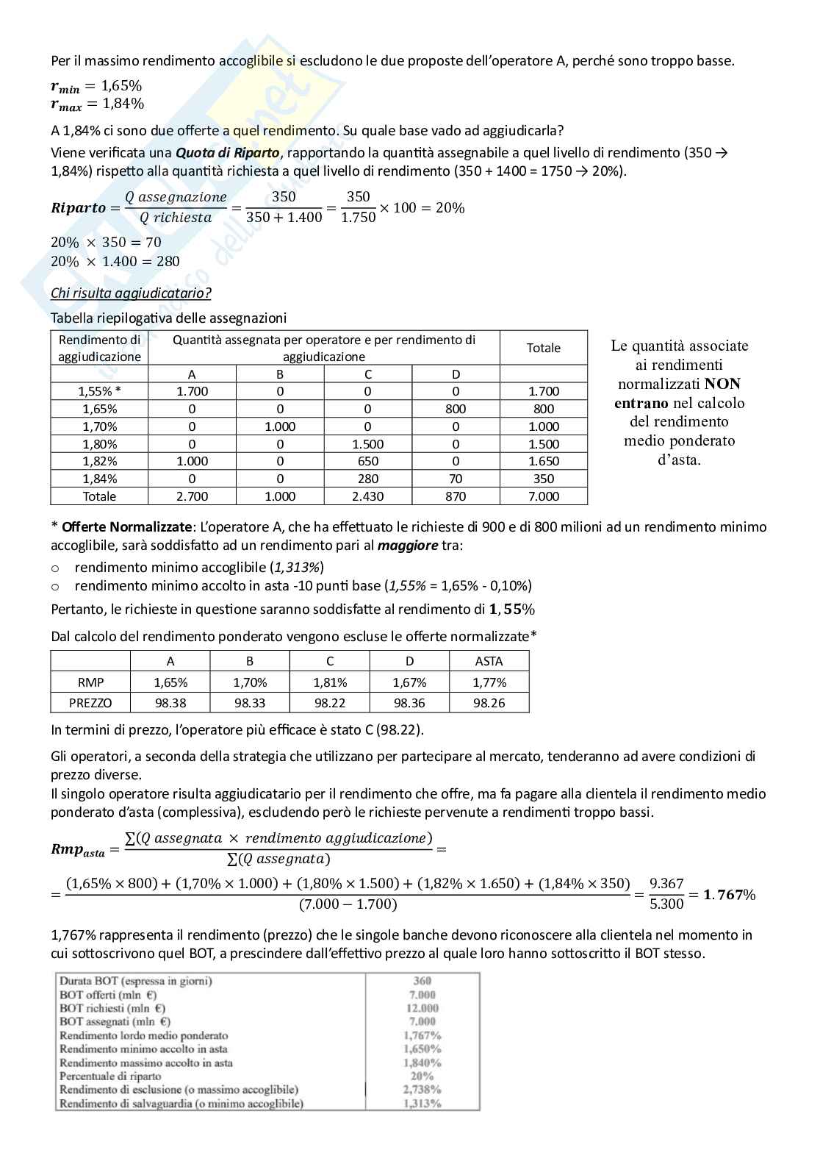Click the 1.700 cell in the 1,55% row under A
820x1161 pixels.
(x=192, y=391)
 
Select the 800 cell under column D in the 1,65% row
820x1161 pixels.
(x=456, y=409)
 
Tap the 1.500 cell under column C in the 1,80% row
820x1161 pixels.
(x=367, y=444)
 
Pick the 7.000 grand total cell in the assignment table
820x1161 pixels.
(x=544, y=496)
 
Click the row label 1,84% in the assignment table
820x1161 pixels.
(x=99, y=479)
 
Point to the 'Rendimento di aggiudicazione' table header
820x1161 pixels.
(x=99, y=348)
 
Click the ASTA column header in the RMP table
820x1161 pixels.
(x=489, y=661)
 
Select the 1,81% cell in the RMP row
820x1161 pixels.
(x=330, y=682)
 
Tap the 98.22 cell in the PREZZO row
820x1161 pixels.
(x=330, y=703)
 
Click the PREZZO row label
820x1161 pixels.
(x=90, y=703)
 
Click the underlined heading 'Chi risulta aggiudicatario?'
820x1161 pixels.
(x=131, y=293)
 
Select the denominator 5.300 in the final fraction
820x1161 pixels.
(x=666, y=904)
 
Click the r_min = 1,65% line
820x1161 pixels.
(x=96, y=86)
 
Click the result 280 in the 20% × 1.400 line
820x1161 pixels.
(x=168, y=261)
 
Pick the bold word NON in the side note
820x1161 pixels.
(x=722, y=384)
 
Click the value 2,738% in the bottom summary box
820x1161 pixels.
(x=422, y=1090)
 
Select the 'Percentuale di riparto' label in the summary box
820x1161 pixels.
(x=109, y=1076)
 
